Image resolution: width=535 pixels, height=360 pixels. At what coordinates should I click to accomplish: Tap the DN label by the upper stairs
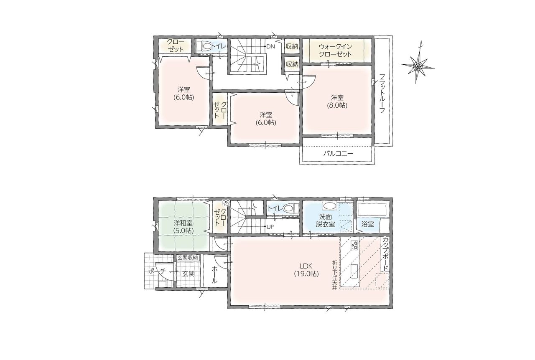point(270,46)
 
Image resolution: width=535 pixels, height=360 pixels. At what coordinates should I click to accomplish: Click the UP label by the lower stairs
point(270,226)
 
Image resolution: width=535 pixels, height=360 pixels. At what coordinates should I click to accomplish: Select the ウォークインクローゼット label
point(335,51)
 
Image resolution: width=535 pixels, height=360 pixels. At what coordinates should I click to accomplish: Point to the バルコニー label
point(338,153)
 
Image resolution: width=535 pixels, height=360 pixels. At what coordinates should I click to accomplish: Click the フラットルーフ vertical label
point(382,94)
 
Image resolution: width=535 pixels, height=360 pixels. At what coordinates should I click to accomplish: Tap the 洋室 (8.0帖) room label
point(337,101)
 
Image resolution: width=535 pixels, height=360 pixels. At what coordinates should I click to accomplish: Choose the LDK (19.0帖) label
point(306,269)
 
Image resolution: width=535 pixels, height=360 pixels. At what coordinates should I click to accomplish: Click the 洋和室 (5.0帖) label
point(183,227)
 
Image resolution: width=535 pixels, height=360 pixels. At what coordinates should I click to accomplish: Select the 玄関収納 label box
point(188,258)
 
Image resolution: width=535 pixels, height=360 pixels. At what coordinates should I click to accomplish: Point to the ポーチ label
point(157,271)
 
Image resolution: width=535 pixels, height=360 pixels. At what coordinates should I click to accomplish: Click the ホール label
point(214,275)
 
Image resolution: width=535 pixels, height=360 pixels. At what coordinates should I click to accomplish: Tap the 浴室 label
point(367,224)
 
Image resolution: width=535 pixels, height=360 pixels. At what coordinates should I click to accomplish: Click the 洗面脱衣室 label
point(326,221)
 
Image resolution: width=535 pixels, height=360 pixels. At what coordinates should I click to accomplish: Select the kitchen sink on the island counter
point(354,271)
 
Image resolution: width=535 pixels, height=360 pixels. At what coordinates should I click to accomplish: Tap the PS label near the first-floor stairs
point(226,203)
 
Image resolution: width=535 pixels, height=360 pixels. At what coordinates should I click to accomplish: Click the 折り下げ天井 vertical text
point(334,275)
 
